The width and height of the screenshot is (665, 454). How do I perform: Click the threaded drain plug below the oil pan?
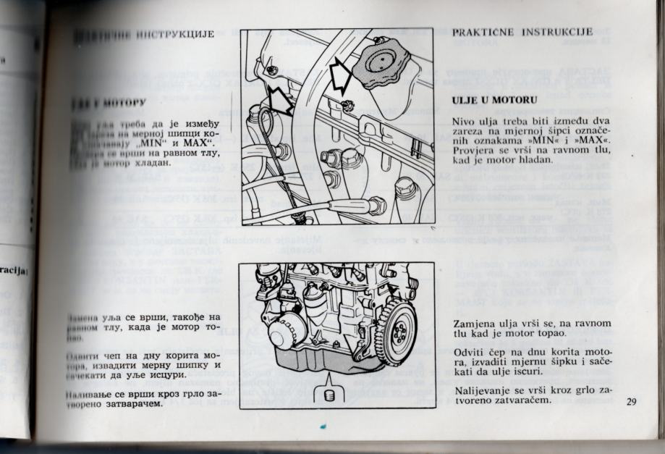(330, 395)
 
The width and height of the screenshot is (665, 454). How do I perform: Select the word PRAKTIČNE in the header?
(481, 32)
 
